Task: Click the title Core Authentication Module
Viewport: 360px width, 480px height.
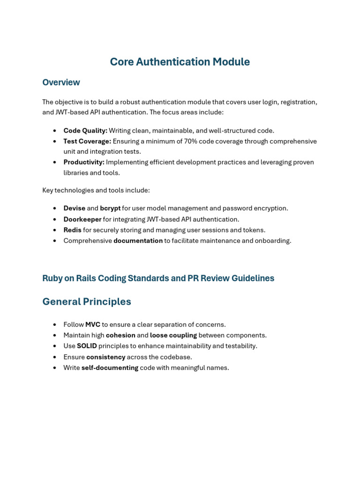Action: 180,62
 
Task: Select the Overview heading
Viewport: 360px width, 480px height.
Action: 61,82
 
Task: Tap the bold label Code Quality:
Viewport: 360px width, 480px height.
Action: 85,131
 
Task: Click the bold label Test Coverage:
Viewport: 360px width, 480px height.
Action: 87,141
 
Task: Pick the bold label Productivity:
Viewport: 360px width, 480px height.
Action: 84,162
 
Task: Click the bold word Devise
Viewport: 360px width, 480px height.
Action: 75,208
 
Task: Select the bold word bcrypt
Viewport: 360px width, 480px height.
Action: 110,208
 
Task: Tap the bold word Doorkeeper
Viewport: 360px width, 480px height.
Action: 82,219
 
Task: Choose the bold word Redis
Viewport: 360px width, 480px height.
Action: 72,230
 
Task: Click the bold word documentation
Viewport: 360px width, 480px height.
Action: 138,241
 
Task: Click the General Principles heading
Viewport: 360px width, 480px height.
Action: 87,302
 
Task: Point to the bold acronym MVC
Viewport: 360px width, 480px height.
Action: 93,324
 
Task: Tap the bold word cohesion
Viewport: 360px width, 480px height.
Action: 120,335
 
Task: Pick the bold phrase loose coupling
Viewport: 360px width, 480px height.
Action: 173,335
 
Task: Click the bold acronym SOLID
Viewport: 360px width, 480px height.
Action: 87,346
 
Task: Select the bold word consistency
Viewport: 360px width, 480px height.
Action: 105,357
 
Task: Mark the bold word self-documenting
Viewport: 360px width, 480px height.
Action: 110,367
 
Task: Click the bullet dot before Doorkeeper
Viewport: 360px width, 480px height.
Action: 55,219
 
